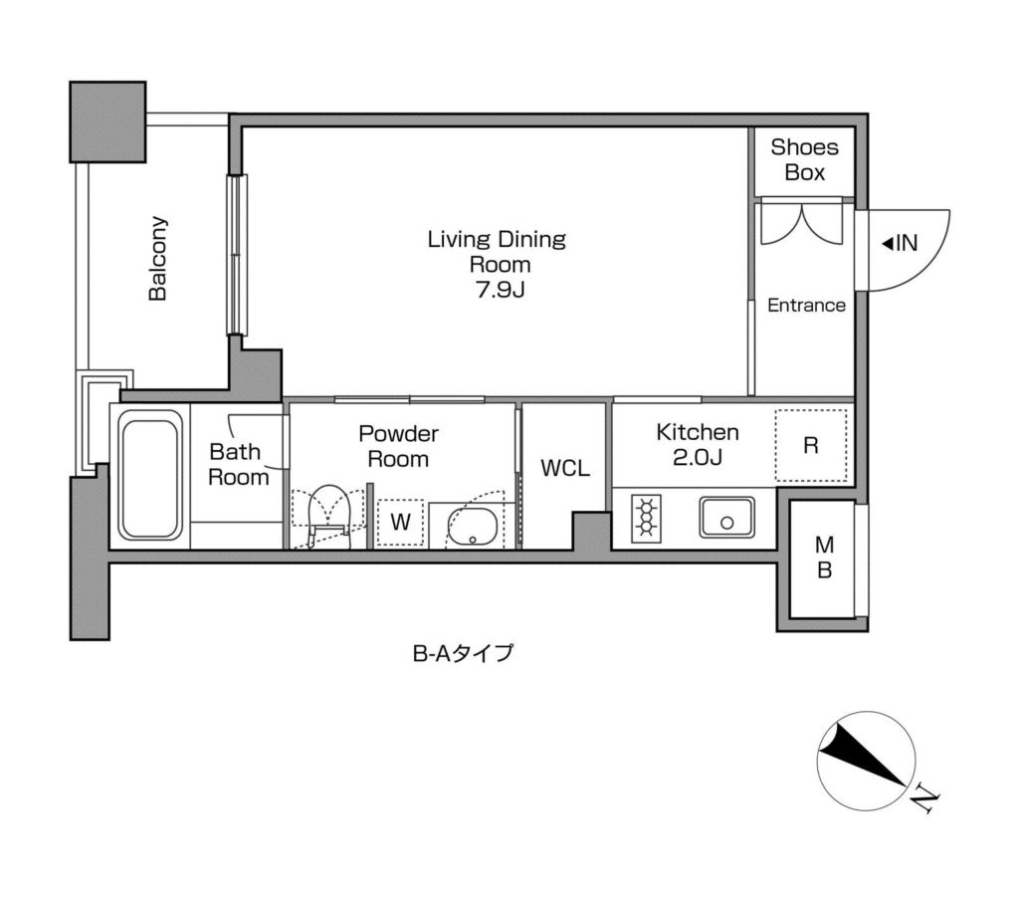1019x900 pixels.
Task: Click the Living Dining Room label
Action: pyautogui.click(x=496, y=252)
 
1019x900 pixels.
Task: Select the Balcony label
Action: pyautogui.click(x=157, y=259)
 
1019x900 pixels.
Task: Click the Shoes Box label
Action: pyautogui.click(x=804, y=159)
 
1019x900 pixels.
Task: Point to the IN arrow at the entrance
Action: pyautogui.click(x=901, y=243)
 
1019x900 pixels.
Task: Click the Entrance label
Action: pyautogui.click(x=806, y=306)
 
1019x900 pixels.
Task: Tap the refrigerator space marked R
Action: pyautogui.click(x=811, y=446)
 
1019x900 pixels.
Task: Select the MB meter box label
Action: pyautogui.click(x=825, y=559)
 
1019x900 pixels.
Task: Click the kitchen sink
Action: pyautogui.click(x=727, y=519)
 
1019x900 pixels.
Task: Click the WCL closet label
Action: pyautogui.click(x=564, y=468)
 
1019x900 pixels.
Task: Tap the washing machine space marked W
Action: pyautogui.click(x=400, y=522)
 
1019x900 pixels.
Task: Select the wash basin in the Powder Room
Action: pyautogui.click(x=474, y=525)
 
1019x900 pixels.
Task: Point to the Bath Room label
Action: pyautogui.click(x=238, y=464)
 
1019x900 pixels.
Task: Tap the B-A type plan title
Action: pyautogui.click(x=463, y=655)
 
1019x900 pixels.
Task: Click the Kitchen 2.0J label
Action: pyautogui.click(x=697, y=445)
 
